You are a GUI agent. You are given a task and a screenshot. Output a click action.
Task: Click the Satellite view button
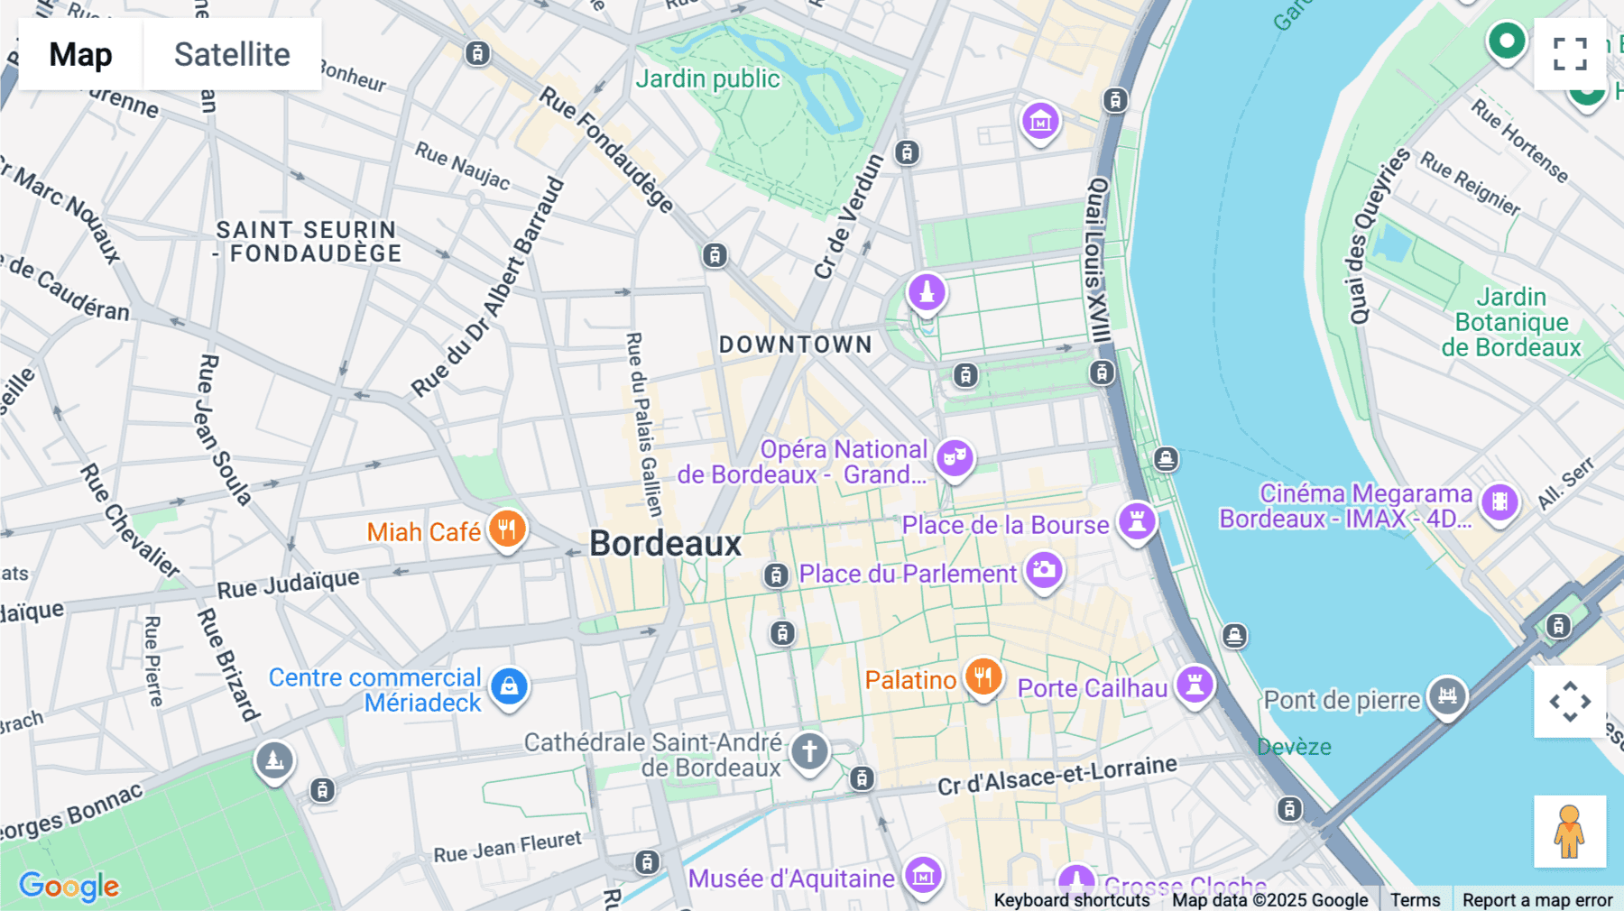232,54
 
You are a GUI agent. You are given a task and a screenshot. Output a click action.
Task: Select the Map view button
80,54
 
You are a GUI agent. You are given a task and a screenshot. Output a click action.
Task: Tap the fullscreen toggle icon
1570,54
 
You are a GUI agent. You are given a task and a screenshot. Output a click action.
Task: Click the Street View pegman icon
1570,832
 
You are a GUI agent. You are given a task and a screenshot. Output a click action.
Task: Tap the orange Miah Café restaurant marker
507,529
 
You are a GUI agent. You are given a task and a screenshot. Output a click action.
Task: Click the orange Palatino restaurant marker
983,676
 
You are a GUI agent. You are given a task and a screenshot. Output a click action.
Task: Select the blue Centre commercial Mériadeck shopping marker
509,686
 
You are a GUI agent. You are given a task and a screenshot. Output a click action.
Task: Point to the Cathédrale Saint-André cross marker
809,751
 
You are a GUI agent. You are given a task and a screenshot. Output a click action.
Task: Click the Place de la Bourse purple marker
1137,520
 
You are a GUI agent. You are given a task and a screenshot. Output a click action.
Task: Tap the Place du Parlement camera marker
1044,570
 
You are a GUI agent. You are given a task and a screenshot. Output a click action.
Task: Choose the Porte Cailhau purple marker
1195,685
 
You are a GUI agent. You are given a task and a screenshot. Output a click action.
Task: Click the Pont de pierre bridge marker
1447,695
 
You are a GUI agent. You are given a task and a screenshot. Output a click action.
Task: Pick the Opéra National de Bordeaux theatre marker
955,458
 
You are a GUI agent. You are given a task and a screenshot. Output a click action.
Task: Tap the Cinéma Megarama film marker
1499,502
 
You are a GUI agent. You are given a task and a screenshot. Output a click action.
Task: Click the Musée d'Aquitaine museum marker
923,875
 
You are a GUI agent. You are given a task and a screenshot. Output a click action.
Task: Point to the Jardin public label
707,79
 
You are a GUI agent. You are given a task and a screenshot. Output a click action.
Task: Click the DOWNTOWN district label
795,345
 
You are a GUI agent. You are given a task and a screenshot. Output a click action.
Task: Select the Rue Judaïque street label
288,584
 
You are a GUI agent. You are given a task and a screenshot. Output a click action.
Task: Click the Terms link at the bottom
1415,899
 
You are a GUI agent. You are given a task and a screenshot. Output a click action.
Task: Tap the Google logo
69,886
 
